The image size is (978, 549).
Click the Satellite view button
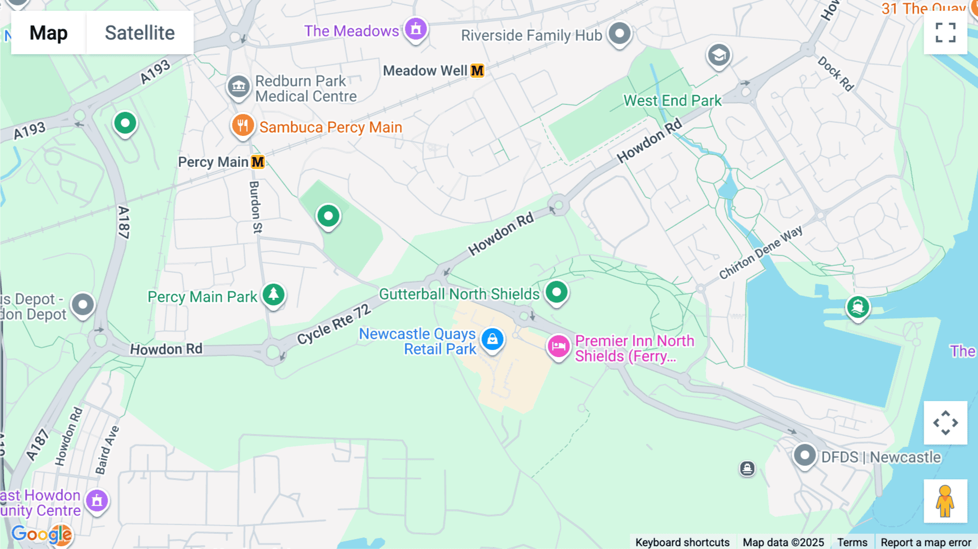pos(140,33)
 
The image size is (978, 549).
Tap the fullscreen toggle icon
pos(945,33)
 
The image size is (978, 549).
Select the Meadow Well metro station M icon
pos(477,71)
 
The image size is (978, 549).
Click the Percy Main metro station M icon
pos(258,162)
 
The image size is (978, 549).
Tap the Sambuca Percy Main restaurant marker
pos(242,126)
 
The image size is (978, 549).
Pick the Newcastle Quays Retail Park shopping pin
pos(492,339)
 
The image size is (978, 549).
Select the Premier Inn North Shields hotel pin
pos(558,346)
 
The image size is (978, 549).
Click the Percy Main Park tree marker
pos(273,294)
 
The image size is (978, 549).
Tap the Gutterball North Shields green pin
pos(556,292)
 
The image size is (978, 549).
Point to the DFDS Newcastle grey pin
pos(804,455)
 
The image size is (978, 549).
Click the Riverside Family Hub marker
pos(619,34)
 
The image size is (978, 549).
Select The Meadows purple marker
pos(416,29)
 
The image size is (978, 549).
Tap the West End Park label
pos(672,101)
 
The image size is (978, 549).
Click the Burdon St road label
pos(255,207)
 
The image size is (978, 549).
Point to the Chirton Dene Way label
pos(761,253)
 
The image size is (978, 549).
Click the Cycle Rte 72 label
pos(334,325)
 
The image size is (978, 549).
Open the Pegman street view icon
pos(945,501)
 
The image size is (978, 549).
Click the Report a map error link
pos(925,542)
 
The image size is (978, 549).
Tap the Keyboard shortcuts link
pos(682,542)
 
